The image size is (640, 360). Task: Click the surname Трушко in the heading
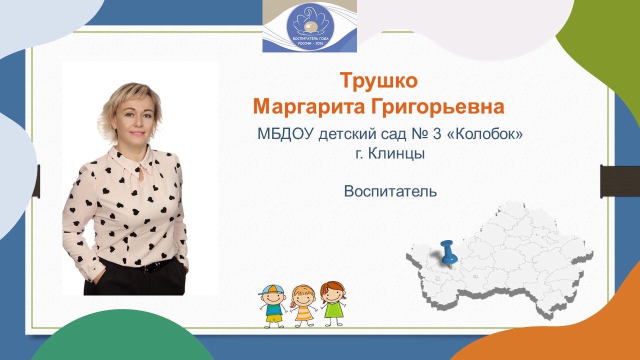pyautogui.click(x=378, y=81)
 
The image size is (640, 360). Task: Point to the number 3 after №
pyautogui.click(x=437, y=133)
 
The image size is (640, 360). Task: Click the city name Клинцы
pyautogui.click(x=396, y=153)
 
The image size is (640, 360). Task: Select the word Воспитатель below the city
pyautogui.click(x=390, y=191)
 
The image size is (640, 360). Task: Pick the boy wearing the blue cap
pyautogui.click(x=273, y=305)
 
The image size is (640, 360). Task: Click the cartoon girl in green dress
pyautogui.click(x=333, y=303)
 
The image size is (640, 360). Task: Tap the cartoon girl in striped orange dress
pyautogui.click(x=303, y=305)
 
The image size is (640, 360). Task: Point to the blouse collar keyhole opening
pyautogui.click(x=141, y=175)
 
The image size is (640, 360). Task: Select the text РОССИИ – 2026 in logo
pyautogui.click(x=310, y=43)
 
